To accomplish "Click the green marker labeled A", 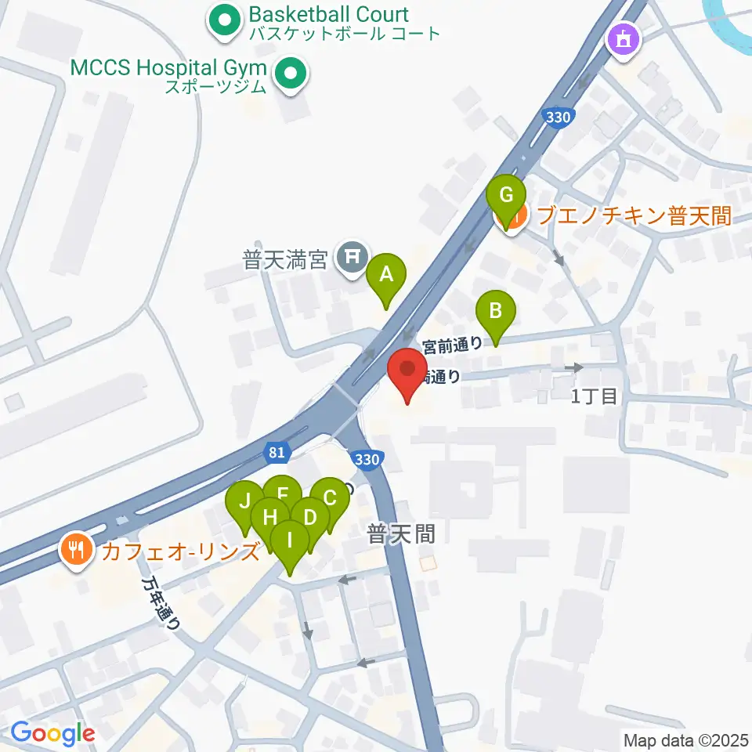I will (385, 276).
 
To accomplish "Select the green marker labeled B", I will (495, 311).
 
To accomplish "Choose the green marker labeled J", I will (245, 501).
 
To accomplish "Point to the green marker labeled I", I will (290, 541).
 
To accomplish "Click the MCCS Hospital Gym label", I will (168, 67).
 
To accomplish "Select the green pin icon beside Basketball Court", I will (223, 21).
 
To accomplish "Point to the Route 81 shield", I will (275, 452).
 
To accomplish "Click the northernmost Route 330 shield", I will (557, 117).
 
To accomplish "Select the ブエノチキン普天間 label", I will (634, 215).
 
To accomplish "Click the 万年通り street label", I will (162, 605).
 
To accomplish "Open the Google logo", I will (52, 734).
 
